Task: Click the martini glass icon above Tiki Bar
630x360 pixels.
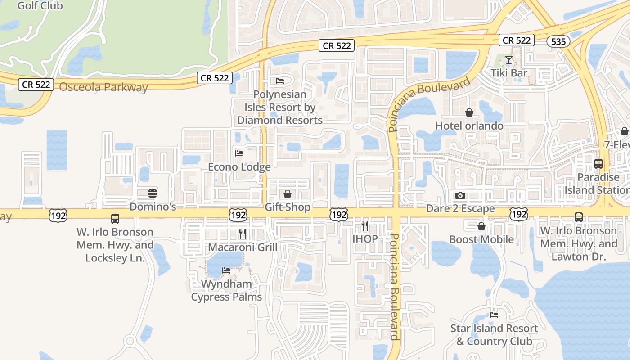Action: coord(509,59)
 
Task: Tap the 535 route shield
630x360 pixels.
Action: coord(558,41)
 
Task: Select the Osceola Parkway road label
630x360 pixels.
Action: coord(103,87)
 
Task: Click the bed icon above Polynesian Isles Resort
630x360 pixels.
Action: coord(280,81)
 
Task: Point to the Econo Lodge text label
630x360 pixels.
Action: coord(239,167)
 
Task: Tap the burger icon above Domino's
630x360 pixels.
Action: coord(153,193)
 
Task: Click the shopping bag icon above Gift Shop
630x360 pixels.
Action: coord(288,194)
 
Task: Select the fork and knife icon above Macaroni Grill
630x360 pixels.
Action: coord(242,234)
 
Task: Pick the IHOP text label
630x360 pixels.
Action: coord(365,239)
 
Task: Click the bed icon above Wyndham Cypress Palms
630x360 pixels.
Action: coord(226,270)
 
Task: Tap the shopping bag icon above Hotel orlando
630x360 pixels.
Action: coord(469,112)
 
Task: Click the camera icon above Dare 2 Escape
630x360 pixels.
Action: coord(460,195)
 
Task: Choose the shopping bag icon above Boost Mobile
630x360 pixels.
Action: coord(481,226)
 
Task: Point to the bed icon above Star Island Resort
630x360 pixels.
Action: coord(494,315)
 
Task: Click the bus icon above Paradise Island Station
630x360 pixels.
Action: coord(598,164)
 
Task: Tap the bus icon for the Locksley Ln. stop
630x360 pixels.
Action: coord(115,219)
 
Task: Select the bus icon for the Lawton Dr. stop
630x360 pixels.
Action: coord(579,217)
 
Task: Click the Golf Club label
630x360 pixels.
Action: coord(40,6)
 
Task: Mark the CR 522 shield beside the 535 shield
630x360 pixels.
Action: coord(517,40)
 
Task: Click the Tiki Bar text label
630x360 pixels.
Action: coord(509,73)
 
